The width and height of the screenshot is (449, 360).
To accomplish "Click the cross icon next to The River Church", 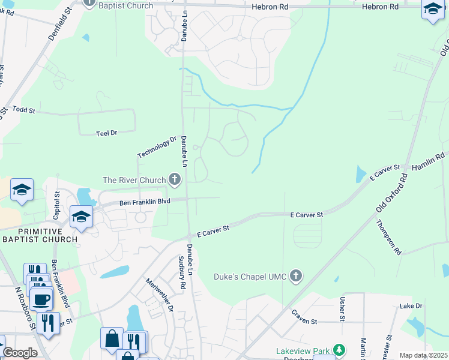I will click(175, 179).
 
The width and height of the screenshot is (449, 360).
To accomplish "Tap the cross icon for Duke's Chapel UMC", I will click(295, 276).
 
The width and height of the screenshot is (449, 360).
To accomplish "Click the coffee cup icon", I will click(41, 298).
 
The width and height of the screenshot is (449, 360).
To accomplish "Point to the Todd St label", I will click(24, 110).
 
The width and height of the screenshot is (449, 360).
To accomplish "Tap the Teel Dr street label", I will click(106, 133).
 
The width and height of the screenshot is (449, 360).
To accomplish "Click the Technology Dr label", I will click(157, 148).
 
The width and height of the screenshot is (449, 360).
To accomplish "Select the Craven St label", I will click(304, 317).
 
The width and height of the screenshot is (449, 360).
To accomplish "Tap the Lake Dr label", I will click(411, 306).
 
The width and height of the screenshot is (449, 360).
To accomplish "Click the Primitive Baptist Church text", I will click(40, 235).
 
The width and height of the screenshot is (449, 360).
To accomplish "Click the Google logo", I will click(19, 353).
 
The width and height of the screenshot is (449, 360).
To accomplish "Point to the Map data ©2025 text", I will click(423, 355).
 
